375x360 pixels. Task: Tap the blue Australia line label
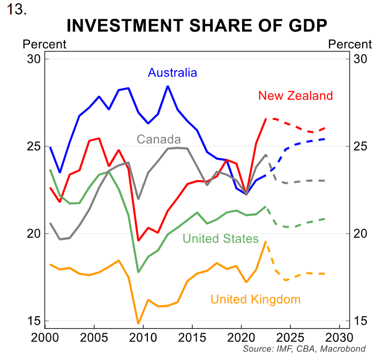(172, 73)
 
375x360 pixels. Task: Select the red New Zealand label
(295, 96)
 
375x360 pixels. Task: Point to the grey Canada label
(159, 139)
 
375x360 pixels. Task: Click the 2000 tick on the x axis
(46, 338)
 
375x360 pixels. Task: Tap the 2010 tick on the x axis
(143, 338)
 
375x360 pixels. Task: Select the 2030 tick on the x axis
(338, 338)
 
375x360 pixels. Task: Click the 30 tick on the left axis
(34, 58)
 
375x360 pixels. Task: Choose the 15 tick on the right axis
(361, 321)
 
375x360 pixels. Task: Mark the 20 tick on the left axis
(34, 234)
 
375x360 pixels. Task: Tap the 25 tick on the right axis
(361, 146)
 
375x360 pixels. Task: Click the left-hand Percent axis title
(44, 44)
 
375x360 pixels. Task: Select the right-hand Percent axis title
(350, 44)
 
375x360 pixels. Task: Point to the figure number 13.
(17, 10)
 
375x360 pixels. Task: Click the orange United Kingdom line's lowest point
(138, 324)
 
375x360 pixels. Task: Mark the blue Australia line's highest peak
(168, 86)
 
